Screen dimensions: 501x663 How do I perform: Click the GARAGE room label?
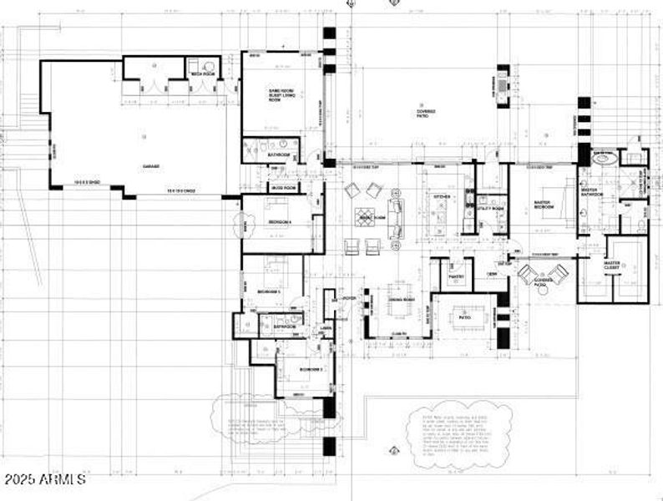(x=151, y=166)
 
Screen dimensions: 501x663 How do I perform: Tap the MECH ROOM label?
(x=203, y=74)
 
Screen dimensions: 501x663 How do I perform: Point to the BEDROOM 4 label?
(x=279, y=221)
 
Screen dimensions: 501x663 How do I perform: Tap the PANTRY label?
(x=456, y=276)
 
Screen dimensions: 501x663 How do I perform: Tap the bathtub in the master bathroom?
(x=602, y=156)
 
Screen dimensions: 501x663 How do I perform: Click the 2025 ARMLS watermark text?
(x=43, y=480)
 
